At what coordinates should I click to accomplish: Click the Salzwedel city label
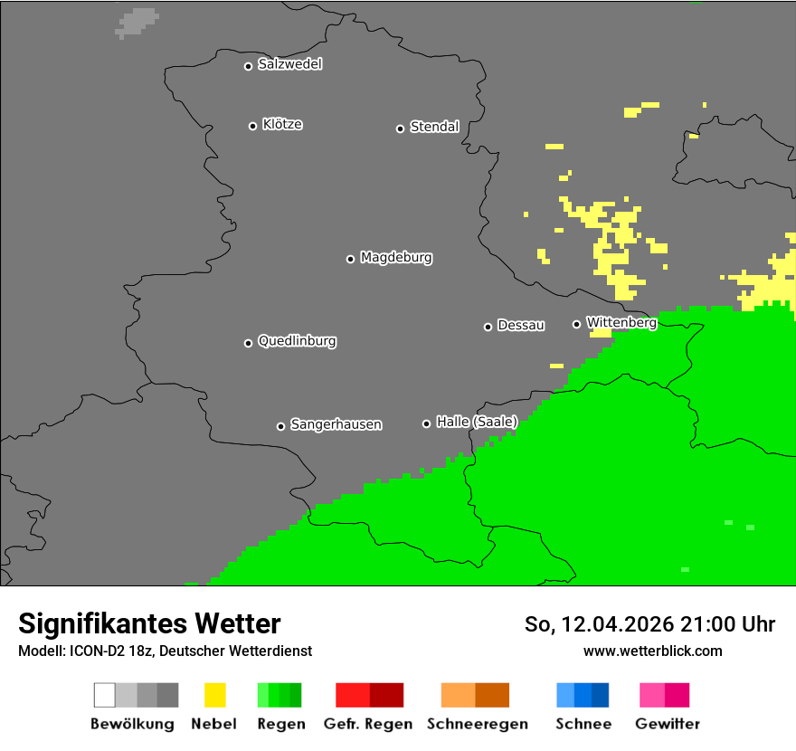coord(289,64)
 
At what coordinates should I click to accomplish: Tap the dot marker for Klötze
coord(252,126)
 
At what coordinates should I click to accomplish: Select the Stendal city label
coord(434,127)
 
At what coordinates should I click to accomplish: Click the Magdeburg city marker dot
coord(350,259)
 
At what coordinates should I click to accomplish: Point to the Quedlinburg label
coord(297,341)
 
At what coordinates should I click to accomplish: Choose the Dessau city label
coord(521,325)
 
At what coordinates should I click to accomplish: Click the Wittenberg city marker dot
coord(576,324)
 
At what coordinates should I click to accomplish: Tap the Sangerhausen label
coord(336,424)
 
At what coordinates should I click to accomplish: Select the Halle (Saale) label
coord(477,422)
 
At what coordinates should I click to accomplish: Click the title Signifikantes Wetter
coord(149,623)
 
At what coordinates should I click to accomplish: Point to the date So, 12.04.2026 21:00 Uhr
coord(649,624)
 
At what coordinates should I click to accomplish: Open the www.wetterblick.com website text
coord(652,651)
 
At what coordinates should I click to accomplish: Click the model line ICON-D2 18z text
coord(165,651)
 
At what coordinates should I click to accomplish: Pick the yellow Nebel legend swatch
coord(214,695)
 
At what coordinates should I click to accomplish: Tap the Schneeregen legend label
coord(478,724)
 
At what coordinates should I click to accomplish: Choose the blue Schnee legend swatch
coord(583,695)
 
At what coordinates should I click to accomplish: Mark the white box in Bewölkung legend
coord(105,695)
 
